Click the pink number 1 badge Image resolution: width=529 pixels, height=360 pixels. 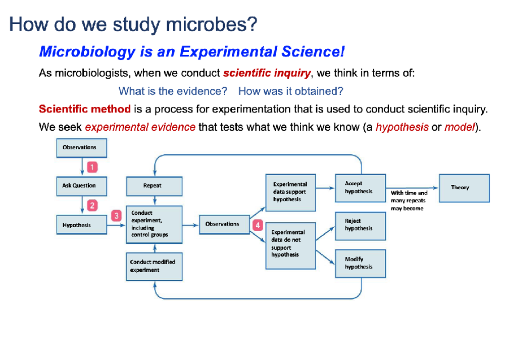[x=92, y=167]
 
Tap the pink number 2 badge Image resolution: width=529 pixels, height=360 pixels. [x=92, y=206]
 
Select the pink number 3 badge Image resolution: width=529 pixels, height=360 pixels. [x=116, y=216]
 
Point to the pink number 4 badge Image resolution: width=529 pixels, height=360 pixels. [x=257, y=225]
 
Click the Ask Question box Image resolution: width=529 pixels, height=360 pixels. [x=82, y=186]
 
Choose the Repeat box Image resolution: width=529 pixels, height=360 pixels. [x=154, y=186]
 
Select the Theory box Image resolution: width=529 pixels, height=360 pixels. [x=464, y=188]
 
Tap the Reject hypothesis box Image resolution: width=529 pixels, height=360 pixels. [x=361, y=226]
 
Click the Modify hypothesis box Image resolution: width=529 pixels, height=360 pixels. [x=361, y=263]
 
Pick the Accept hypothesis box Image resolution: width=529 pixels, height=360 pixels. [x=361, y=188]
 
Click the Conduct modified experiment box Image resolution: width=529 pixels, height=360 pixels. [x=154, y=267]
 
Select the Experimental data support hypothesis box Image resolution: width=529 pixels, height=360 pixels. [x=291, y=193]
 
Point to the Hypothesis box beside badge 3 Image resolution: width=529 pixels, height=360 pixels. [x=82, y=225]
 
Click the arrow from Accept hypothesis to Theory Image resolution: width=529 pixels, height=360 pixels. [x=412, y=188]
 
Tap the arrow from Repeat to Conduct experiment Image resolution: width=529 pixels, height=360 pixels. [x=155, y=201]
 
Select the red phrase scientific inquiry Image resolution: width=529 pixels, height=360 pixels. [x=267, y=73]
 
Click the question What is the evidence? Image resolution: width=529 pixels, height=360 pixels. [x=173, y=91]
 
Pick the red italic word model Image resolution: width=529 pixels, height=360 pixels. [x=459, y=127]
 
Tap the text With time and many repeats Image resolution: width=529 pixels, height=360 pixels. [x=409, y=197]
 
